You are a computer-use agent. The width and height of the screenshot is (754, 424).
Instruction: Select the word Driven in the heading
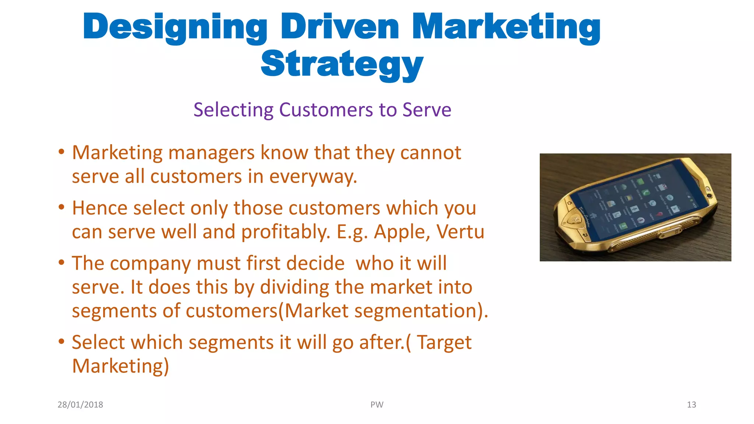click(x=339, y=26)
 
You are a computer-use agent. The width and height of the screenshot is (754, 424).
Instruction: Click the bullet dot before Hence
click(x=61, y=207)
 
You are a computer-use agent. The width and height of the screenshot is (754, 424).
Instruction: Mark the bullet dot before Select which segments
click(x=61, y=342)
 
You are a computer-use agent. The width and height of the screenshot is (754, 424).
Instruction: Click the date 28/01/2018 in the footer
click(x=80, y=404)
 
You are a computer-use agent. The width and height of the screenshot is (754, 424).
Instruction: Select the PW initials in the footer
click(x=377, y=404)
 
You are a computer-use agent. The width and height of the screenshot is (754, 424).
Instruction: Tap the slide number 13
click(x=691, y=404)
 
